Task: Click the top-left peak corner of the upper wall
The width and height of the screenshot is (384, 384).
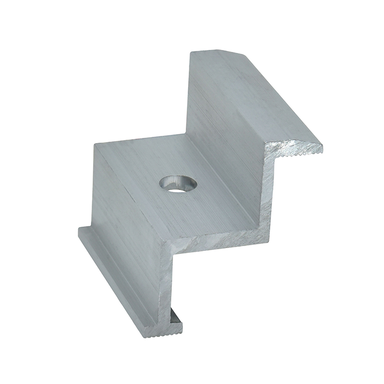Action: pyautogui.click(x=189, y=52)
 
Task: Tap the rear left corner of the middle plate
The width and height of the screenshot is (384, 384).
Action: pyautogui.click(x=95, y=144)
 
